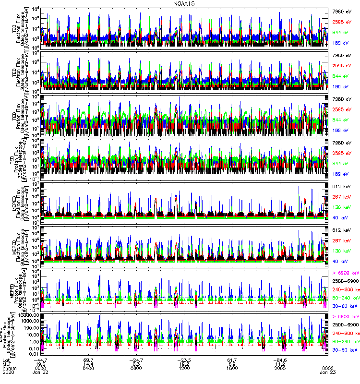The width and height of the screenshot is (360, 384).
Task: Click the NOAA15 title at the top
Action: [x=180, y=3]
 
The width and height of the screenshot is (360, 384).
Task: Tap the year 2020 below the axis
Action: [x=9, y=373]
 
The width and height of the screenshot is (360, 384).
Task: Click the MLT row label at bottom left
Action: [x=8, y=364]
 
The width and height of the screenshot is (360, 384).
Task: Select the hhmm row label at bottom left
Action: [x=10, y=369]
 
